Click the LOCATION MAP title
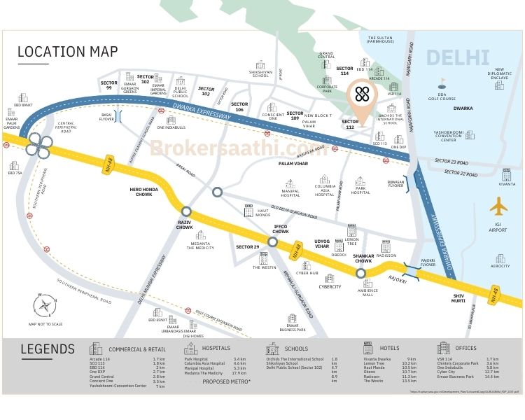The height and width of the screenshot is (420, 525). point(68,52)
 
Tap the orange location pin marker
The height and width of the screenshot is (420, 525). point(362,99)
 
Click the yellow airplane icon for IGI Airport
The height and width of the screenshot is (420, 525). point(499,207)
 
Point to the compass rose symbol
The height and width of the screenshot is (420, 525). point(46,304)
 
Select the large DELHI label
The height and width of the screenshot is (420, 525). point(458,57)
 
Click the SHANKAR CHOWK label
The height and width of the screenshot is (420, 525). point(363,256)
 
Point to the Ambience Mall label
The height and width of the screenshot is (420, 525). point(367,292)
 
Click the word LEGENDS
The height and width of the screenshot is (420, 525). point(48,349)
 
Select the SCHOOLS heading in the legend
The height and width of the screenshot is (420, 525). point(296,348)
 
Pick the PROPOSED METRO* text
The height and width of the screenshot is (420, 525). point(226,381)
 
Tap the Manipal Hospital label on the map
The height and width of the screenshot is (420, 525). point(290,192)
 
